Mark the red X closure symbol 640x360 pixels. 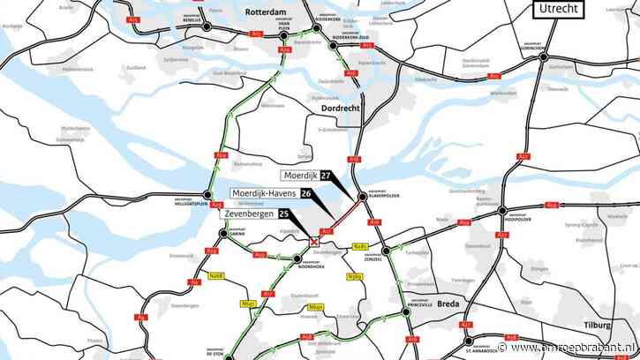pyautogui.click(x=313, y=241)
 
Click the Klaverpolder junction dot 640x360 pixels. pyautogui.click(x=361, y=197)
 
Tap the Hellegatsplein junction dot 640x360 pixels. pyautogui.click(x=208, y=196)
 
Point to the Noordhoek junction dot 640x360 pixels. pyautogui.click(x=297, y=259)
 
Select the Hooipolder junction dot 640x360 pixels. pyautogui.click(x=502, y=211)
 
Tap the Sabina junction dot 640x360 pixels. pyautogui.click(x=222, y=234)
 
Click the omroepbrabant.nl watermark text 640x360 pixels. pyautogui.click(x=591, y=351)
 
